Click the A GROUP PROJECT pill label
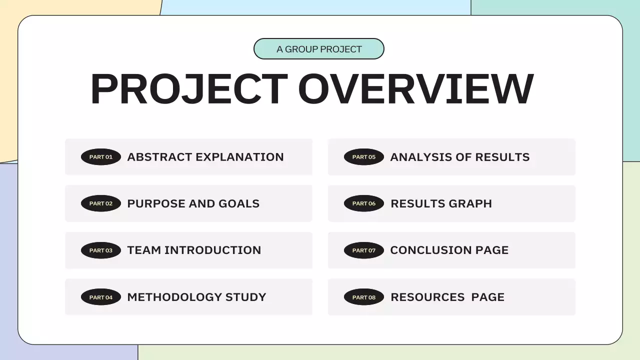point(319,49)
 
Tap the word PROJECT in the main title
point(189,89)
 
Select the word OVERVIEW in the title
point(416,89)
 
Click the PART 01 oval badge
point(101,157)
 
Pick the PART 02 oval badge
point(101,203)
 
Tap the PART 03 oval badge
point(101,250)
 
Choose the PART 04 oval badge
point(101,297)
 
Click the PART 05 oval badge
point(364,157)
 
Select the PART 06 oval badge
point(364,203)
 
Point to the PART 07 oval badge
point(364,250)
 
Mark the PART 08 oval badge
point(364,297)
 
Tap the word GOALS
point(239,203)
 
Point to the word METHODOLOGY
point(174,297)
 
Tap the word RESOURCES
point(427,297)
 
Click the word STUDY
point(246,297)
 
